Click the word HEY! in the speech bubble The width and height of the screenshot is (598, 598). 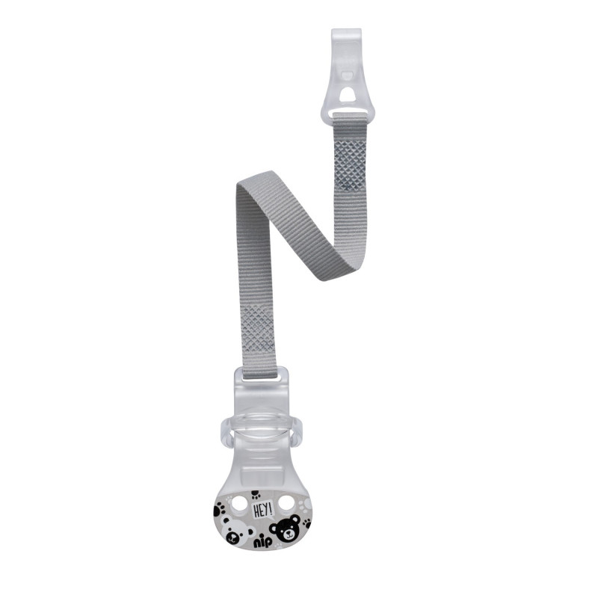(x=262, y=509)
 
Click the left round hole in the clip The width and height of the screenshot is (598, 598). (x=239, y=503)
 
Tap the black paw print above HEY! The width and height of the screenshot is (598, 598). (x=256, y=496)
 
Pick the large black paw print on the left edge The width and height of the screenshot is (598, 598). (x=219, y=510)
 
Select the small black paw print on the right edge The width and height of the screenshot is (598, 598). (x=306, y=523)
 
